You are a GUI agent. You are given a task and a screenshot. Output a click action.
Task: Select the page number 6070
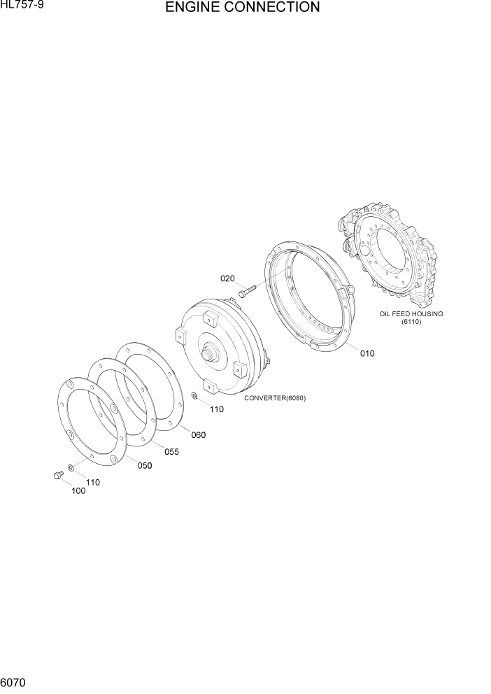tap(13, 681)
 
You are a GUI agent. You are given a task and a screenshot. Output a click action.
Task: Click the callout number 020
tap(227, 278)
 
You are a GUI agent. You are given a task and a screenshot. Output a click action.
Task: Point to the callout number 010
tap(367, 353)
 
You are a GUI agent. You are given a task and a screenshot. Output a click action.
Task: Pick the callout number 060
tap(199, 435)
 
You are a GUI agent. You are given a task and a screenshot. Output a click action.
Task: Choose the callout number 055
tap(171, 452)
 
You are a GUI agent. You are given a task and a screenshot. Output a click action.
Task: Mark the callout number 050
tap(145, 466)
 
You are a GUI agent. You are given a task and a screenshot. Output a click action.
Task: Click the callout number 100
tap(78, 491)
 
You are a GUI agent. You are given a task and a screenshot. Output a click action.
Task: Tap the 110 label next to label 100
tap(92, 482)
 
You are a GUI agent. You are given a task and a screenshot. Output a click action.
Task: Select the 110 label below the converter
tap(217, 409)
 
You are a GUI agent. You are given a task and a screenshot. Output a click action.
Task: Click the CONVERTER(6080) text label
tap(275, 398)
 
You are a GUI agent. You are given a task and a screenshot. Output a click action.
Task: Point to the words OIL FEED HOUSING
tap(411, 314)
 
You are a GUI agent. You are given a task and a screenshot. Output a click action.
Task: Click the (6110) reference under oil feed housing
tap(411, 322)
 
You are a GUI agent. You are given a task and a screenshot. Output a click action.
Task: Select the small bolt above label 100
tap(58, 475)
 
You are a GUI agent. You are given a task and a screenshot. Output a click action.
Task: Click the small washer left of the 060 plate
tap(194, 397)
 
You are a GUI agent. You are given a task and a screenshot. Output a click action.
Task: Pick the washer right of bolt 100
tap(71, 467)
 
